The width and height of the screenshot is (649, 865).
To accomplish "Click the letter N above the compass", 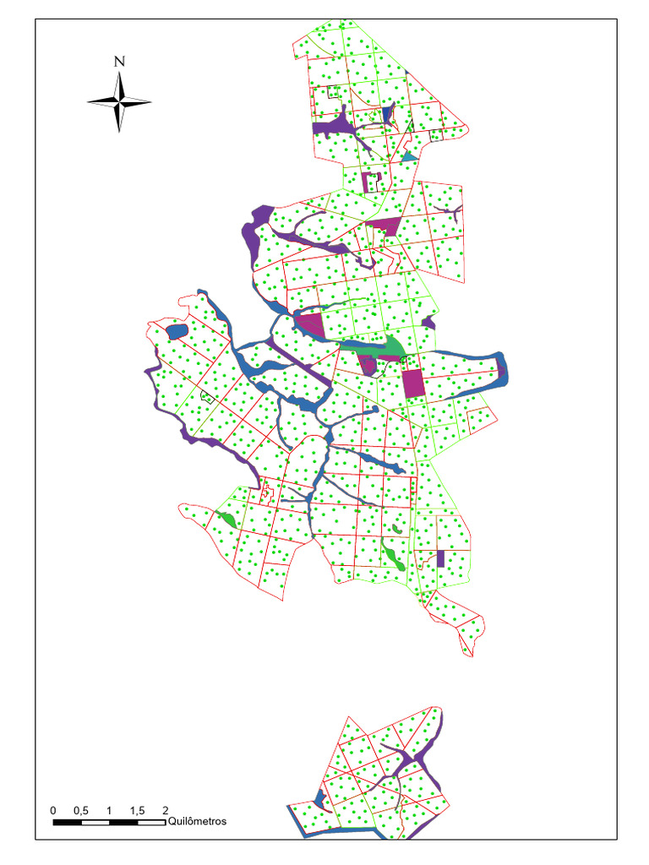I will point(119,61).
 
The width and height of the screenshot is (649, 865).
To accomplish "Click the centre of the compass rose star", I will point(119,102).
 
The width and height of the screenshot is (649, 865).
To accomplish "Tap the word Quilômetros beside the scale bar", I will point(198,820).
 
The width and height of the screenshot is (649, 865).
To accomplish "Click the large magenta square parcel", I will point(412,384).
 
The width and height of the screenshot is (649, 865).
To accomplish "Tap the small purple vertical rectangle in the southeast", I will point(441,558).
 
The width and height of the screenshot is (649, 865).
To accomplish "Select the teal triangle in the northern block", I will point(410,156).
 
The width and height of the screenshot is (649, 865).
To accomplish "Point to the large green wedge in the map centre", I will point(390,346).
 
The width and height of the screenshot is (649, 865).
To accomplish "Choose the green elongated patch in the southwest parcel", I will point(226,519).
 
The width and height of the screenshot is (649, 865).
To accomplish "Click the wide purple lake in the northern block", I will point(335,127).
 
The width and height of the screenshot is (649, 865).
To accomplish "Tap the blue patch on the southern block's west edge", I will point(319,797).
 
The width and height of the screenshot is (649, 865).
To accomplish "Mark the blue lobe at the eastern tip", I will point(501,369).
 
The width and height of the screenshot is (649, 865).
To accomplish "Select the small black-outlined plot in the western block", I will point(205,395).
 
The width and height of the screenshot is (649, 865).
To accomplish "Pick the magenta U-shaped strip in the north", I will point(372,181).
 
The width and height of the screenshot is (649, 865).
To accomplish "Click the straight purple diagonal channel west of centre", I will point(296,356).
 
